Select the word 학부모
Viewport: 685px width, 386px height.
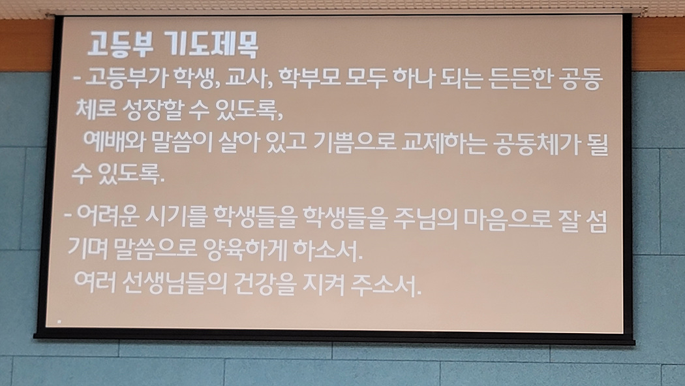pos(309,78)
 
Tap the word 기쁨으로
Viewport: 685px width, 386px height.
pos(355,142)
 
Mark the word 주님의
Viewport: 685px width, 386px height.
pos(425,219)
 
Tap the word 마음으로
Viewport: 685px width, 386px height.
pos(507,219)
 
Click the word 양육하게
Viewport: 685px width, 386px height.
pos(245,249)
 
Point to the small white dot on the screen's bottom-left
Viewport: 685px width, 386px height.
pos(59,322)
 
